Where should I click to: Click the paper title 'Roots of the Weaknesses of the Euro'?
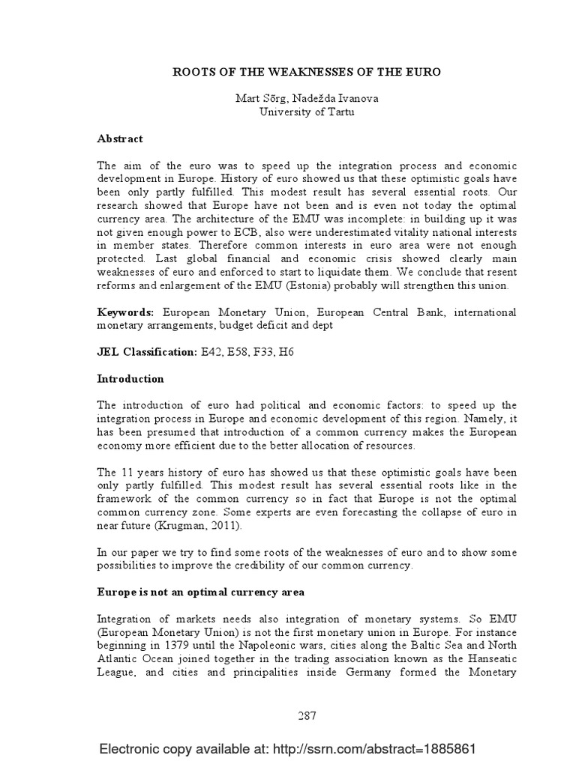tap(307, 72)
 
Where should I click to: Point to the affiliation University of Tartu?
tap(307, 112)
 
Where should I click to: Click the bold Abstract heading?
tap(120, 139)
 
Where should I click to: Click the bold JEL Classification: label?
tap(147, 351)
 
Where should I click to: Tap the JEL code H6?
tap(287, 351)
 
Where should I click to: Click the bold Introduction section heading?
tap(130, 379)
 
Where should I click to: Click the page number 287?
tap(307, 715)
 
